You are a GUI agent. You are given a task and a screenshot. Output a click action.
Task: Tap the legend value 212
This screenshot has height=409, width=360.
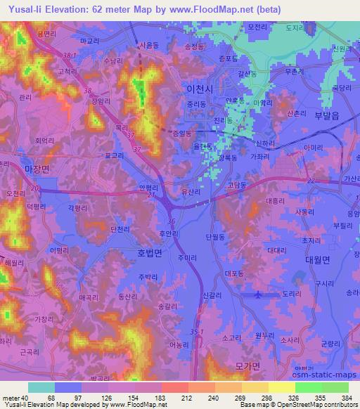click(x=167, y=398)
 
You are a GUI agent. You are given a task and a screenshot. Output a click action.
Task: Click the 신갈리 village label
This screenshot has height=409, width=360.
click(x=212, y=297)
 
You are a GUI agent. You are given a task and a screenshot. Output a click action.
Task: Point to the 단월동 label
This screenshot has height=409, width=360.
click(x=214, y=238)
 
